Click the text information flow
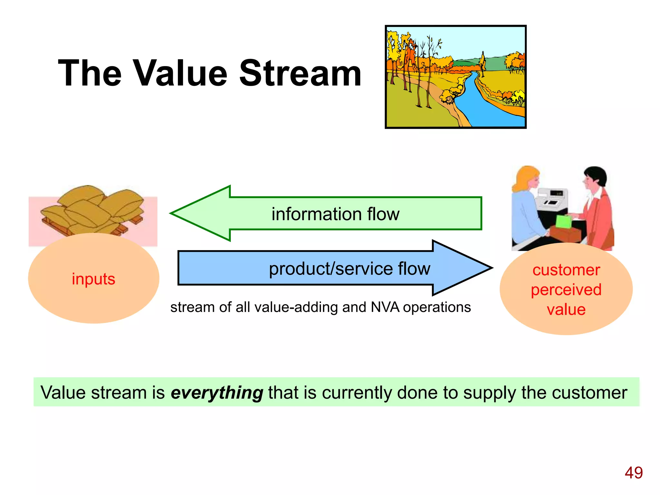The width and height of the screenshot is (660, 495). (x=335, y=214)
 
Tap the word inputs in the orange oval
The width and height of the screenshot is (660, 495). (x=93, y=279)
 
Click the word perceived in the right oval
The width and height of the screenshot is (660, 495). (x=566, y=289)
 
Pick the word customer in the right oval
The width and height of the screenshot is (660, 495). (x=566, y=270)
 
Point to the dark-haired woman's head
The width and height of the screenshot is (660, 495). (x=595, y=179)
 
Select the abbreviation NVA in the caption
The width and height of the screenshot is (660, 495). (x=385, y=307)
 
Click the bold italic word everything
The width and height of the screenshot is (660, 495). (x=217, y=393)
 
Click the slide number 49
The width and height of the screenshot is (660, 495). (x=633, y=473)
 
